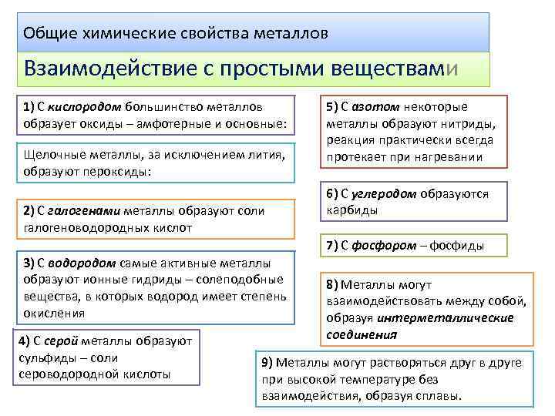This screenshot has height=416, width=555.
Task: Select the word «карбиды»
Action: (351, 210)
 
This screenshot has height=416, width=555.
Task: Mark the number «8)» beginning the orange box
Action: (332, 283)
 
